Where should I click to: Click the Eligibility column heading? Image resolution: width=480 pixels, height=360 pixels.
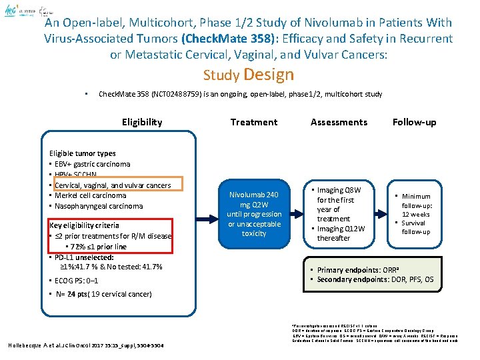point(141,122)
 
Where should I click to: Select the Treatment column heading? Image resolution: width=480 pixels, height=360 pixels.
point(253,122)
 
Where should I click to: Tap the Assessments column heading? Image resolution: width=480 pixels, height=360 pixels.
point(339,122)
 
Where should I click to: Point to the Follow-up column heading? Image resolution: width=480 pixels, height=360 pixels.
point(414,122)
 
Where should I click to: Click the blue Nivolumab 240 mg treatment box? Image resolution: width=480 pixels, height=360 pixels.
point(254,214)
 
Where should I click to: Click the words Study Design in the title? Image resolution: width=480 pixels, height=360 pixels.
point(248,75)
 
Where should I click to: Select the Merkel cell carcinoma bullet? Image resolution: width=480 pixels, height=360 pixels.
point(90,195)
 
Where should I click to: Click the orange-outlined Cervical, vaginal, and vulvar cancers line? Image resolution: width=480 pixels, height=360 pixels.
point(113,185)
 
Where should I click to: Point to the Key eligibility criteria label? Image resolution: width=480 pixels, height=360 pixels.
point(84,225)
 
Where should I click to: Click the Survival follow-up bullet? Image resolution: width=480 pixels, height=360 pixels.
point(416,227)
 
